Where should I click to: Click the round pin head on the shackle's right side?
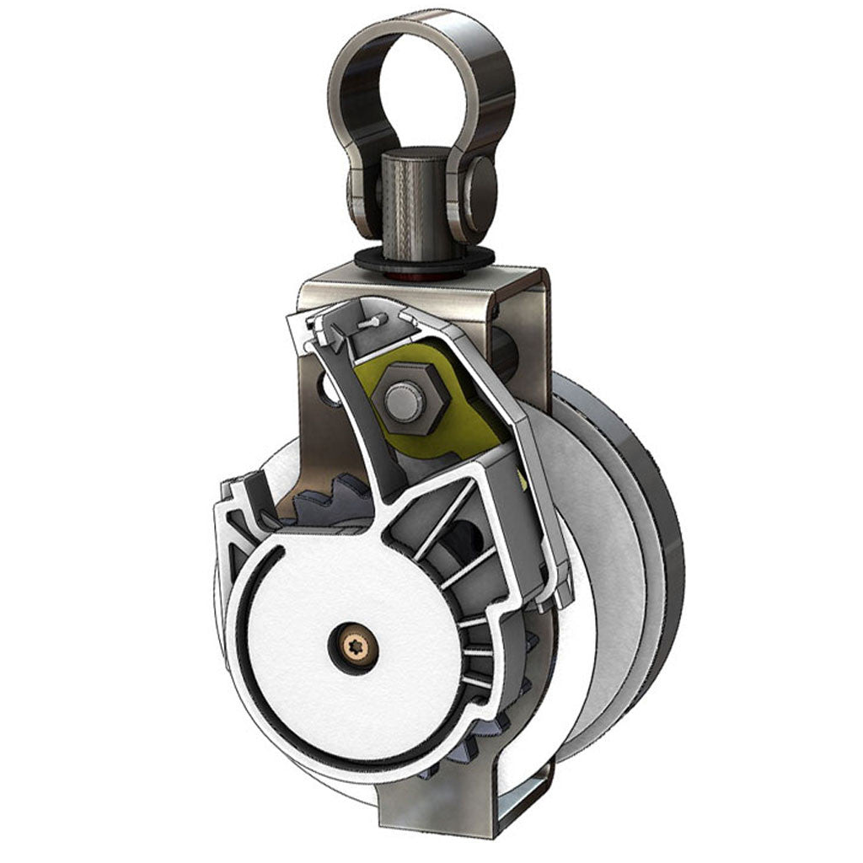[482, 187]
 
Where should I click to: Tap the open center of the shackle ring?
[421, 93]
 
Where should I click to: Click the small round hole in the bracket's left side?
[325, 385]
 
